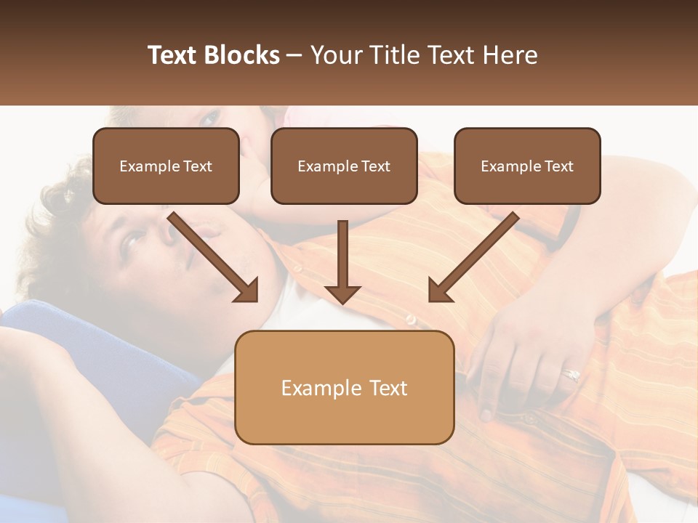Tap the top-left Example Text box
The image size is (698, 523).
[x=166, y=166]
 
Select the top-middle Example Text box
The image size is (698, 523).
[x=344, y=166]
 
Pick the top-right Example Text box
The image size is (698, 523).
[x=527, y=166]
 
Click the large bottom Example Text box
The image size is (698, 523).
[x=345, y=388]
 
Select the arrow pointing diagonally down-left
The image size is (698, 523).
[x=473, y=256]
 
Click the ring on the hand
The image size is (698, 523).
[x=571, y=375]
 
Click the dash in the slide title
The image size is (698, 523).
[x=294, y=55]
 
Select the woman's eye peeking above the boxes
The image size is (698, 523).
[x=211, y=116]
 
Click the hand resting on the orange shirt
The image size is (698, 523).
[x=531, y=356]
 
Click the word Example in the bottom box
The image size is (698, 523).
[x=313, y=388]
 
